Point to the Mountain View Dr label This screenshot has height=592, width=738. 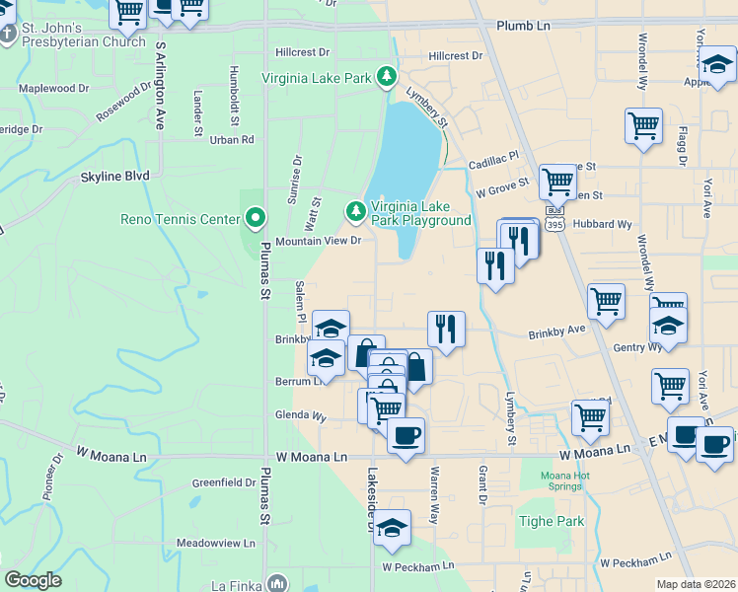(x=319, y=241)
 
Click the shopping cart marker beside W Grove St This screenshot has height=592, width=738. (x=557, y=182)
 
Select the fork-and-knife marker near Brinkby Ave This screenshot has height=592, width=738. (x=446, y=329)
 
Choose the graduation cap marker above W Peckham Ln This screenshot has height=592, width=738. (x=392, y=528)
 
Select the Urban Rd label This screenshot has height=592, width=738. (x=232, y=140)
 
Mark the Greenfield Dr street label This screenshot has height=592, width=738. (x=224, y=483)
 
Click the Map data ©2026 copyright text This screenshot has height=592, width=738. (x=697, y=584)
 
